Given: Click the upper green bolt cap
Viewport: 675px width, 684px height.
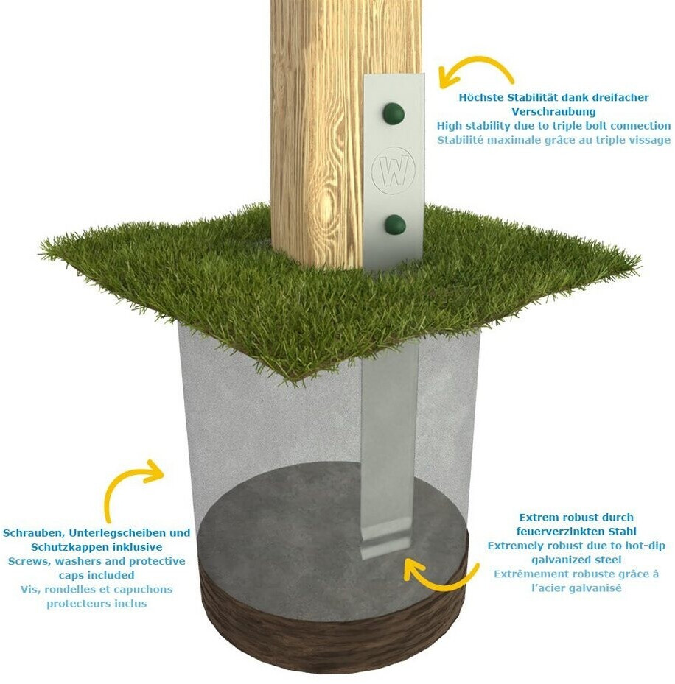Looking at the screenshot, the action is (394, 114).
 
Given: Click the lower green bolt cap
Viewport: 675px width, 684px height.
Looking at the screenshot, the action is (396, 225).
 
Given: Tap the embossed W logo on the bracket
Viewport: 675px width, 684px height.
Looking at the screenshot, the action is (392, 168).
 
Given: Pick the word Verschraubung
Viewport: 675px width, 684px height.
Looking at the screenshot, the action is (553, 112).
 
